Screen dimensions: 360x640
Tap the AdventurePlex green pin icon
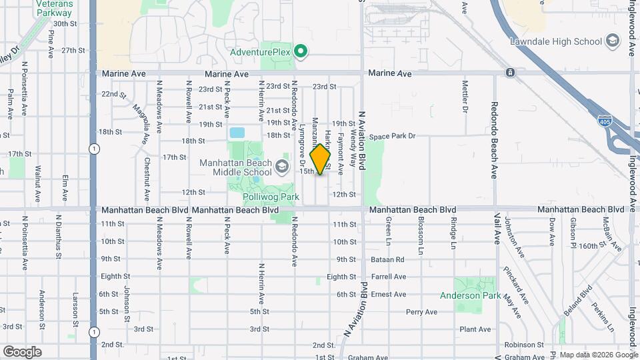[301, 51]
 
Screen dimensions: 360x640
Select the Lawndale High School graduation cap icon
[611, 41]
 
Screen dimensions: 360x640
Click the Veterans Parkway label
[55, 8]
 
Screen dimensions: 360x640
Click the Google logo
[22, 351]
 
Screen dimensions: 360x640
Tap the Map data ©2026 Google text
[598, 355]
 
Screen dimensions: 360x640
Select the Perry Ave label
[421, 311]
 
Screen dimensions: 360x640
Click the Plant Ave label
[475, 329]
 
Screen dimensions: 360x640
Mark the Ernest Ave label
[389, 294]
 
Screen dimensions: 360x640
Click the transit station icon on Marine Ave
[509, 72]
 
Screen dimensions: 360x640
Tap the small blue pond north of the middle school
[237, 132]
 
